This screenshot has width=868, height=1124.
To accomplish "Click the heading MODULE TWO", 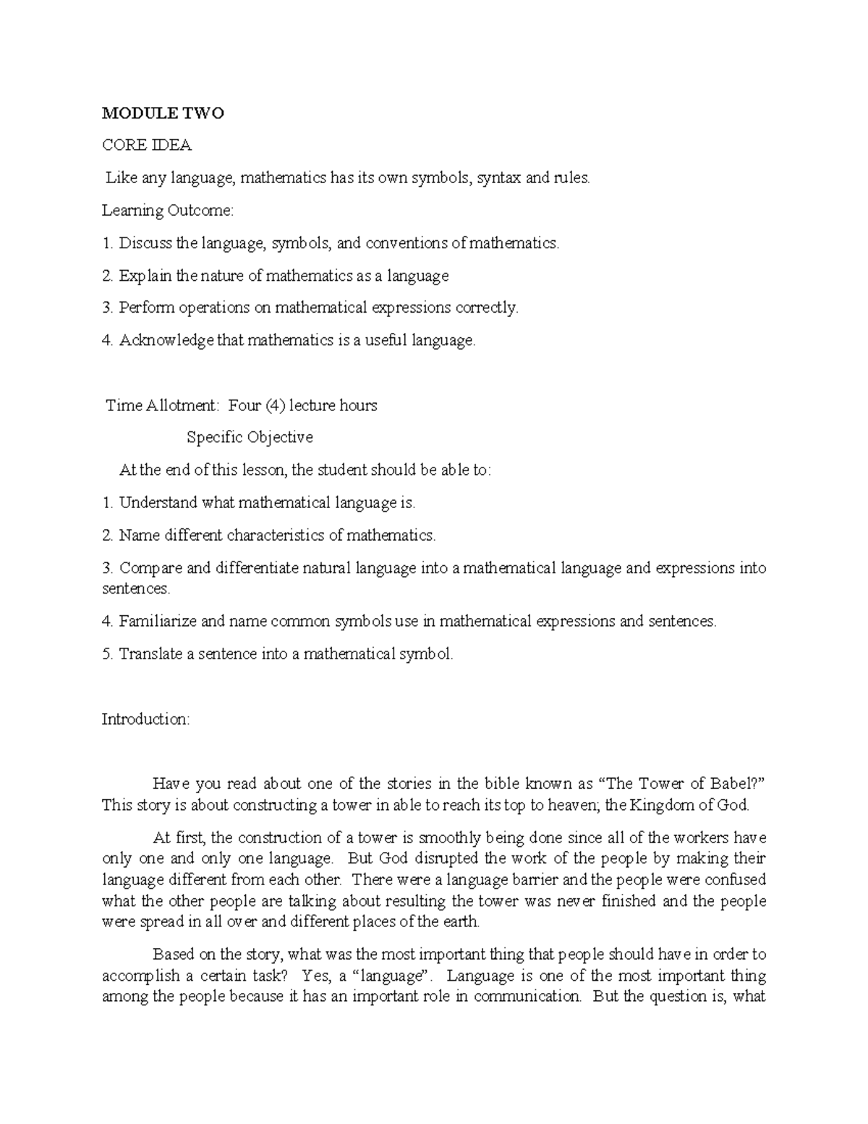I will point(163,113).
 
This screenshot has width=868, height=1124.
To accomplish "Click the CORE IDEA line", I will point(147,145).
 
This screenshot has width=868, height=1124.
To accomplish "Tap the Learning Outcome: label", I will point(168,211).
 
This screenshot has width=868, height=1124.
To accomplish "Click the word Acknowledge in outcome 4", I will point(166,340).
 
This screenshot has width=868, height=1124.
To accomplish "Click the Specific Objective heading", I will point(250,437).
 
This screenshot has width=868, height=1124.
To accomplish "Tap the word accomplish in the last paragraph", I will point(139,976).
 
